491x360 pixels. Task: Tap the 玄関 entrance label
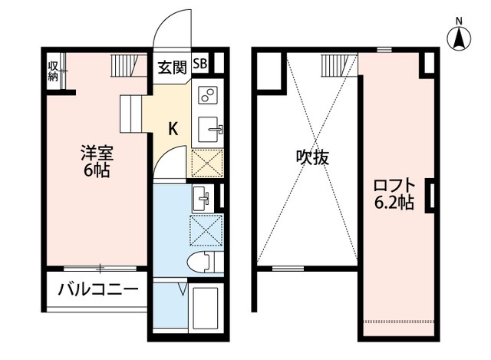172,67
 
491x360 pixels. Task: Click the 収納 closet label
53,70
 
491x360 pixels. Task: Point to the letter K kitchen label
173,129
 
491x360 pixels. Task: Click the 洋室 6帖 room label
96,160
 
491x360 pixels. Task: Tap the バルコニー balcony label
97,290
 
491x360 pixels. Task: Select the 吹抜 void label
313,157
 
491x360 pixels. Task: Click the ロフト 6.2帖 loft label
394,193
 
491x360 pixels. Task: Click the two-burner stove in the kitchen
207,95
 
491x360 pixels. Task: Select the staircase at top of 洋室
127,65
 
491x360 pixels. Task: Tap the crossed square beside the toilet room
206,229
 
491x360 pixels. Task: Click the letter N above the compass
459,21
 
